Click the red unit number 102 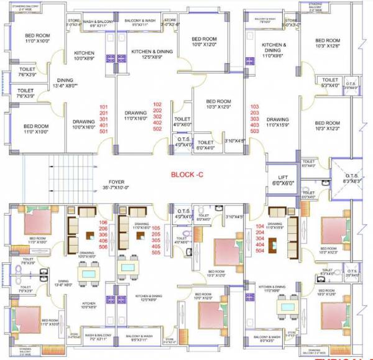pos(157,103)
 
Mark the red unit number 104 pos(259,226)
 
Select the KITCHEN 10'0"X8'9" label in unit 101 pos(84,56)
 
